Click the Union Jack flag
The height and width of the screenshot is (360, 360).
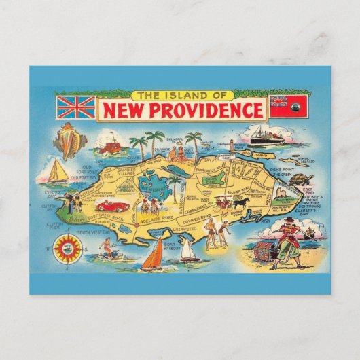click(75, 107)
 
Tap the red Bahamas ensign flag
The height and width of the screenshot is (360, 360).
click(289, 105)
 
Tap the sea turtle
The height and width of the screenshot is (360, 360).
click(300, 179)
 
